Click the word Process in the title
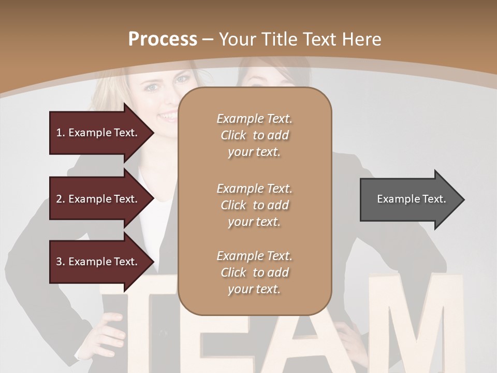click(163, 39)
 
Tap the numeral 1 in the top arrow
click(59, 133)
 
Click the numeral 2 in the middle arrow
click(59, 199)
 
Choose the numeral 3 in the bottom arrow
click(59, 262)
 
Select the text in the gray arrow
click(412, 199)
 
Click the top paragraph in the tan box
click(255, 135)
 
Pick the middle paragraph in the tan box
click(255, 205)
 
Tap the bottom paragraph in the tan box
click(255, 272)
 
